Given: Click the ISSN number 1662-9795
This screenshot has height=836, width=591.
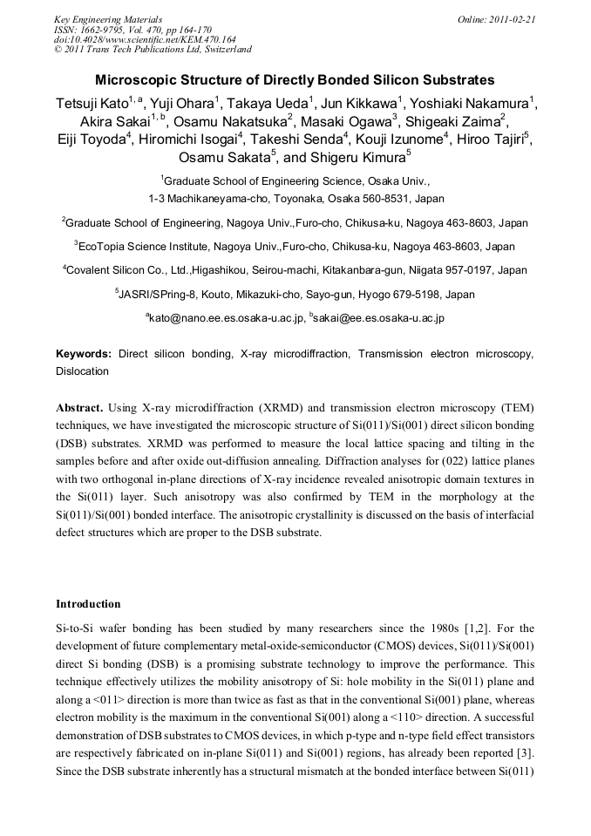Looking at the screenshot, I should (x=107, y=29).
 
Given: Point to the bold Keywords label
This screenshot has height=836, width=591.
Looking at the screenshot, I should (x=83, y=355).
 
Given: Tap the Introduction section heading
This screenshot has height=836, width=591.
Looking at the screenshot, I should (x=88, y=604).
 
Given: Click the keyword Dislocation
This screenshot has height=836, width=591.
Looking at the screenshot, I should (x=83, y=370).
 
